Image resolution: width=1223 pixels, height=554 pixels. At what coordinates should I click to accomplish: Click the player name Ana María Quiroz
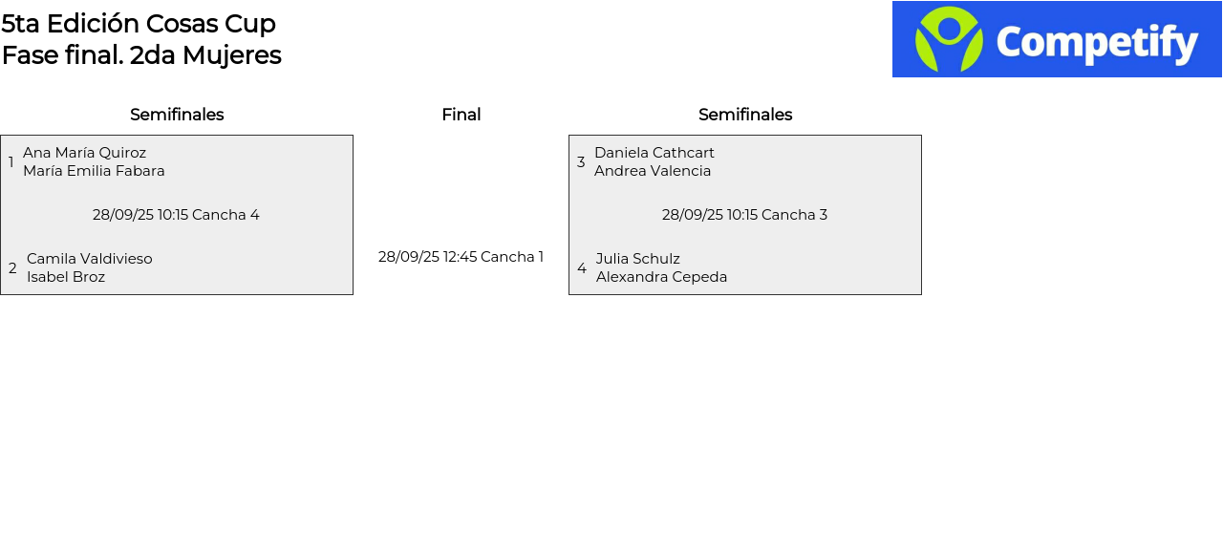tap(84, 153)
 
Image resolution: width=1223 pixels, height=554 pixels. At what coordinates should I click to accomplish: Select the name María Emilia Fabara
tap(94, 171)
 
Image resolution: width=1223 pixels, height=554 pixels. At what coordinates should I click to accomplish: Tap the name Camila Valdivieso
tap(89, 259)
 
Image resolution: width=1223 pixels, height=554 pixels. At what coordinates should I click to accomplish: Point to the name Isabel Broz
tap(66, 277)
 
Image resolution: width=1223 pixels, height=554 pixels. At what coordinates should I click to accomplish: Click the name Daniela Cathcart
tap(654, 153)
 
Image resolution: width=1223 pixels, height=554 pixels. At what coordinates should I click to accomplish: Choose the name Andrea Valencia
tap(653, 171)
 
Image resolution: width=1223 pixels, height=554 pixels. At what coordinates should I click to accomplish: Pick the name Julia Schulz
tap(637, 259)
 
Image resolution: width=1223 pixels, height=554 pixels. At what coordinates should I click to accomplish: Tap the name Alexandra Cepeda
tap(661, 277)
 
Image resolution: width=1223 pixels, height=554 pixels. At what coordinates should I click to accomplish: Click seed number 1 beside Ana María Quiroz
tap(11, 162)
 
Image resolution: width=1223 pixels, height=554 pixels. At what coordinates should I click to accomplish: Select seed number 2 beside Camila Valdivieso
tap(12, 268)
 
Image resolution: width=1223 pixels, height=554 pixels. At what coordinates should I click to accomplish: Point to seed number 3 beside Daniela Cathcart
tap(581, 162)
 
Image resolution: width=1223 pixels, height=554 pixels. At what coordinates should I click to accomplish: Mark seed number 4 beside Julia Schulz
tap(582, 268)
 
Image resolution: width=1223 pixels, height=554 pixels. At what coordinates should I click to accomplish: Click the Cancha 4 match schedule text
tap(176, 215)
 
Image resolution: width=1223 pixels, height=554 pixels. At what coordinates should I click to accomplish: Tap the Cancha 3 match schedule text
tap(744, 215)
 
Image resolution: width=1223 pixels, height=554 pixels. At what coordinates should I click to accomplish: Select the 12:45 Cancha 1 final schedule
tap(461, 257)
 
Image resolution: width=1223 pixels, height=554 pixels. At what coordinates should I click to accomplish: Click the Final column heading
tap(461, 115)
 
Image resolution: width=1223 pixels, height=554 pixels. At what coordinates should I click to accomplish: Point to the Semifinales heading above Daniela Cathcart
tap(745, 115)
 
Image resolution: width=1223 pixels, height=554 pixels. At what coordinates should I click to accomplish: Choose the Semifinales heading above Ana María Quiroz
tap(177, 115)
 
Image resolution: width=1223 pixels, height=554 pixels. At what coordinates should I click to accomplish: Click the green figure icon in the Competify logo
tap(949, 39)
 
